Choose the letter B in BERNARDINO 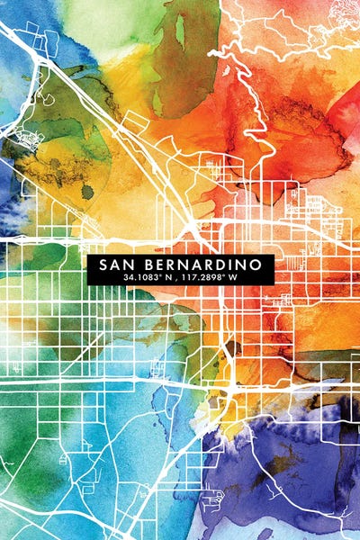149,265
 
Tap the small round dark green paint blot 87,191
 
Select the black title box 180,271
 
